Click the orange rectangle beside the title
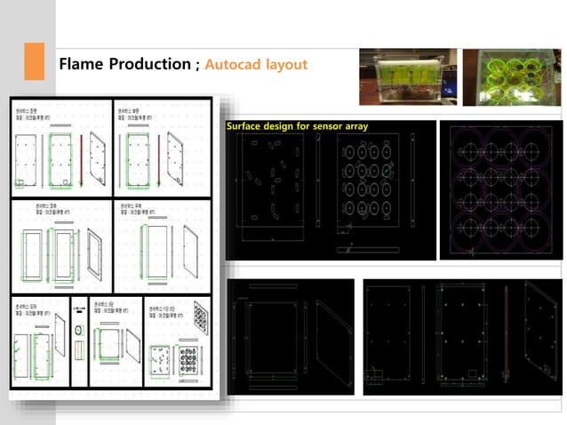click(33, 60)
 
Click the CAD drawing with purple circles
click(500, 189)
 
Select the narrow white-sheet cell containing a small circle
click(78, 333)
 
